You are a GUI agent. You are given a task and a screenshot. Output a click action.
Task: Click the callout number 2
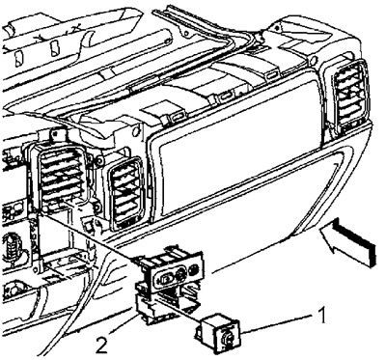point(101,346)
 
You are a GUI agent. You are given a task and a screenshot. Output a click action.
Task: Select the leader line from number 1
point(277,323)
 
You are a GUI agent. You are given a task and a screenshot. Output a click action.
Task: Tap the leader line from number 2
point(124,323)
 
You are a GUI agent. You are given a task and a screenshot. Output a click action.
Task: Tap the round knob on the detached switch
point(227,337)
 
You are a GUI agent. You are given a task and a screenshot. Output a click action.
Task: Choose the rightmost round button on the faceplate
point(194,269)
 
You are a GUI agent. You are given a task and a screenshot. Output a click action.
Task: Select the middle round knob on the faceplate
point(180,274)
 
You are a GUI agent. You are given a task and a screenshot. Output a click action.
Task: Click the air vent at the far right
point(350,94)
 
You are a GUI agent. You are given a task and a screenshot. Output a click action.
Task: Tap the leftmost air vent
point(61,177)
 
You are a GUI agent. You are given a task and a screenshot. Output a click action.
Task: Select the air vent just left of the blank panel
point(126,193)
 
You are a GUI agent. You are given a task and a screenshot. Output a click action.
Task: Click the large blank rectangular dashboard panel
point(237,148)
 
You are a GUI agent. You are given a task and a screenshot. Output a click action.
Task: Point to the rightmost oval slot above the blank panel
point(272,76)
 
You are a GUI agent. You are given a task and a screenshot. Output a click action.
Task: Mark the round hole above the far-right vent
point(314,60)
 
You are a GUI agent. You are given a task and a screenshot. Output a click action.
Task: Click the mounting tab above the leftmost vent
point(58,135)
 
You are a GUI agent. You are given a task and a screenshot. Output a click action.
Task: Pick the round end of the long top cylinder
point(168,41)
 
